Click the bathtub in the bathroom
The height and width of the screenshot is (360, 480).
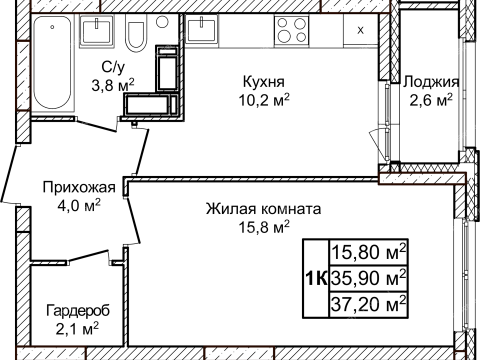tap(52, 62)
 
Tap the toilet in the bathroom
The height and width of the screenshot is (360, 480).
tap(137, 37)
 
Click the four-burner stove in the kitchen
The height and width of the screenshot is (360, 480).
tap(292, 30)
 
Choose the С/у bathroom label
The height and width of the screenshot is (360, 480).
tap(110, 67)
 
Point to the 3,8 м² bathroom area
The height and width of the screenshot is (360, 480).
tap(110, 85)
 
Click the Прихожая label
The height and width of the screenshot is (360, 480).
tap(78, 187)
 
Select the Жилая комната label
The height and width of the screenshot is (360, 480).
tap(263, 209)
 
